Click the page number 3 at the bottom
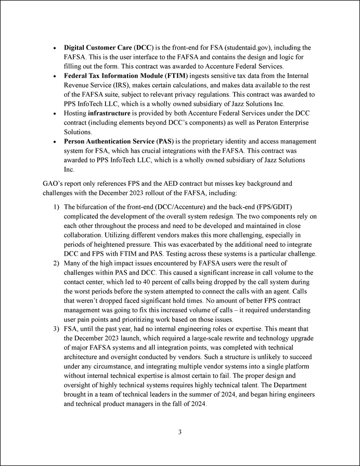[x=179, y=432]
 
